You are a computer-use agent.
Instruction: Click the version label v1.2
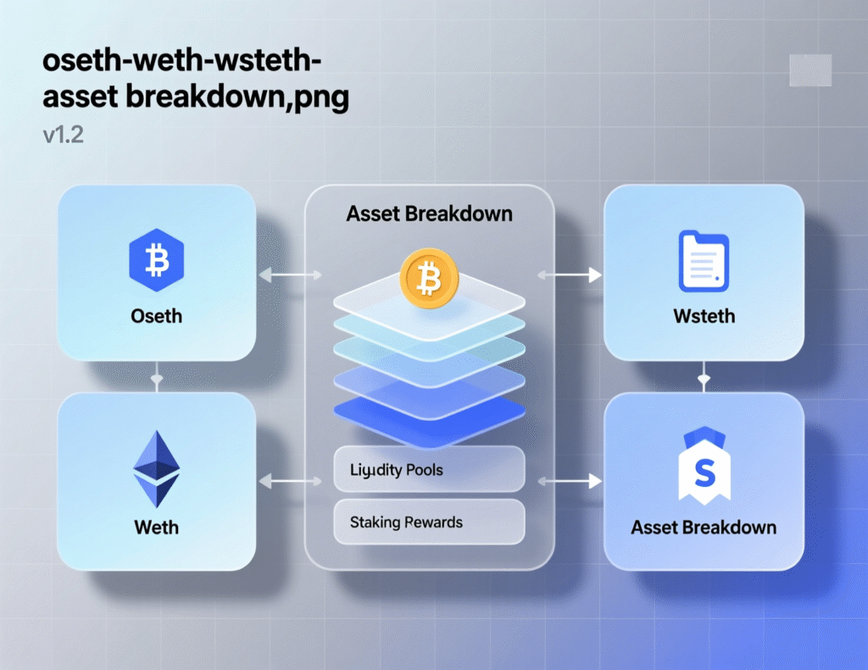click(x=63, y=136)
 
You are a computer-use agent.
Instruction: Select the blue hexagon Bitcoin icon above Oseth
click(x=157, y=260)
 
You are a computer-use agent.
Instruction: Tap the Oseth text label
click(x=157, y=316)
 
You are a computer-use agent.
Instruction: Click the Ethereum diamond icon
click(x=157, y=468)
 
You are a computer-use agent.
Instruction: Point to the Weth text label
click(x=157, y=528)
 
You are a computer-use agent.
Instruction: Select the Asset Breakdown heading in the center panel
click(x=429, y=213)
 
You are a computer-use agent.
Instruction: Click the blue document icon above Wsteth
click(x=704, y=263)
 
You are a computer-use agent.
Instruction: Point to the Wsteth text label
click(x=704, y=316)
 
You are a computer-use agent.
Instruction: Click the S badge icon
click(x=704, y=471)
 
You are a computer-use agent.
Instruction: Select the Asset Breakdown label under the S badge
click(x=704, y=528)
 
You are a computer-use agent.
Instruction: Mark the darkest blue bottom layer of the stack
click(x=429, y=410)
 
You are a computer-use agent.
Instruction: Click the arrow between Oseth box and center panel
click(x=290, y=275)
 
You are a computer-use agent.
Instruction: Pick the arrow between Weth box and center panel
click(x=290, y=482)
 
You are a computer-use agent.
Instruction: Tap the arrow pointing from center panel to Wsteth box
click(x=570, y=275)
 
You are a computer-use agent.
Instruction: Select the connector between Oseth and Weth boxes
click(x=157, y=377)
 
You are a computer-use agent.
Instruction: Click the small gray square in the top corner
click(x=810, y=70)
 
